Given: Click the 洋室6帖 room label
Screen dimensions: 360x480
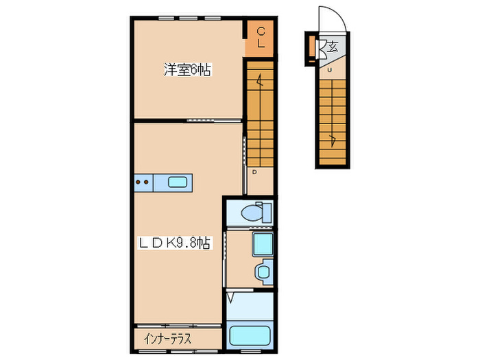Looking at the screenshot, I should click(187, 69).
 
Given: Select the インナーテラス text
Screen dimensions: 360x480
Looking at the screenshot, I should click(167, 339).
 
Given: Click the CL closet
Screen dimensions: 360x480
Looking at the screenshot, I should click(261, 36).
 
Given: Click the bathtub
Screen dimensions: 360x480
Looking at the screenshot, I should click(250, 336).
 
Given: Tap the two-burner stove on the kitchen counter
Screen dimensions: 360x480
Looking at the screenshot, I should click(143, 182).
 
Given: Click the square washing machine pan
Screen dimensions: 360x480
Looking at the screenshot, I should click(261, 245).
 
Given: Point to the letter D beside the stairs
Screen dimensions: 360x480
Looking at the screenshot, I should click(253, 172).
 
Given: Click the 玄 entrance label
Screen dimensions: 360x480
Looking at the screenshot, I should click(332, 47).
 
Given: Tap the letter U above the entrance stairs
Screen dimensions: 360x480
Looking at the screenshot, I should click(329, 70).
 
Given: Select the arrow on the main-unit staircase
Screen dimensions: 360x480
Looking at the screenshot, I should click(259, 83).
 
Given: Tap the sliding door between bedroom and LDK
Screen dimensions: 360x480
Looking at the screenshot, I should click(214, 121).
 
